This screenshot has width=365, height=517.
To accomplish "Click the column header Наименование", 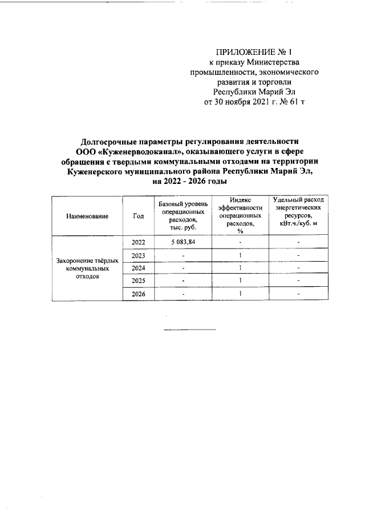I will click(x=87, y=217).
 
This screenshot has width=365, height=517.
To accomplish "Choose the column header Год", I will click(x=138, y=216).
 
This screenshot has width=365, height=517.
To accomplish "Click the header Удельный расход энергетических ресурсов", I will click(x=298, y=212).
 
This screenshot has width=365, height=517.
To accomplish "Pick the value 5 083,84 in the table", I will click(x=183, y=243).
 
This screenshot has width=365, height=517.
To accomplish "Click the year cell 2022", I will click(x=139, y=243).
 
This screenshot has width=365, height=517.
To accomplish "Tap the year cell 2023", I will click(x=139, y=255).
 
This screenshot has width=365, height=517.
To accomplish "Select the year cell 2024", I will click(x=139, y=268).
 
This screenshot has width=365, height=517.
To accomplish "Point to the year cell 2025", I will click(x=139, y=281).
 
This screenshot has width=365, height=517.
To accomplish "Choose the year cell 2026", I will click(x=139, y=294).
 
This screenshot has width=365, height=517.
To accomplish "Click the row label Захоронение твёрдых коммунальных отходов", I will click(x=87, y=268).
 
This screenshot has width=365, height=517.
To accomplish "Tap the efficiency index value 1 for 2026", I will click(x=241, y=294).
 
